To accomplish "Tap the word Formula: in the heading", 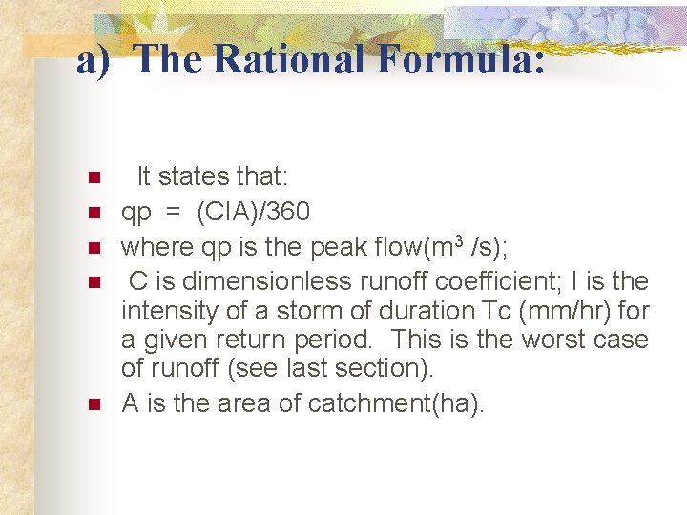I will [462, 59].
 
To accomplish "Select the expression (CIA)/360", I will [253, 212].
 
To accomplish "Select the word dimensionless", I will [248, 281].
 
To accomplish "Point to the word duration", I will [414, 311].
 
